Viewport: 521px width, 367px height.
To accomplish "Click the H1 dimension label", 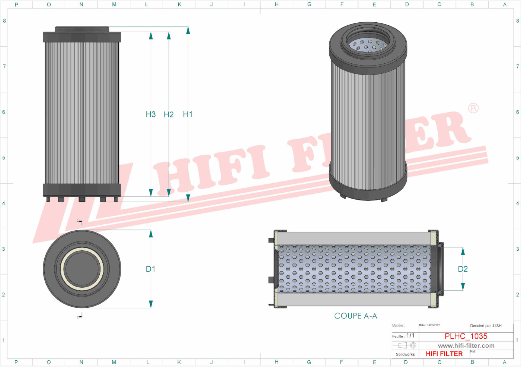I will coord(188,114).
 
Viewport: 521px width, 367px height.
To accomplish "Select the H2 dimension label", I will coord(169,114).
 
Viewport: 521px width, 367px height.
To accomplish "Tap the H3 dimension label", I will coord(151,114).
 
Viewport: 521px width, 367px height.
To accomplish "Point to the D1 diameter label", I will coord(150,269).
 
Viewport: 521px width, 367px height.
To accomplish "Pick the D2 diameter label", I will coord(463,269).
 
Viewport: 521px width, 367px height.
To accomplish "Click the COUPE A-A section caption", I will coord(355,316).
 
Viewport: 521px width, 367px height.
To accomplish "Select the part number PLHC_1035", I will coord(466,336).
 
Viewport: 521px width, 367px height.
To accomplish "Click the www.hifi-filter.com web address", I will coord(466,346).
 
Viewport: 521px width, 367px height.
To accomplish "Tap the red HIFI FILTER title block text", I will coord(444,354).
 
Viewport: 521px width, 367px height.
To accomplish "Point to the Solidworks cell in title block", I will coord(405,354).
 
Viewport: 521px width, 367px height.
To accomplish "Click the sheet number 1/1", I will coord(410,336).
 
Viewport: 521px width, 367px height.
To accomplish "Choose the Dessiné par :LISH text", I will coord(486,326).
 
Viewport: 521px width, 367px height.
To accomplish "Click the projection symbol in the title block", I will coord(407,346).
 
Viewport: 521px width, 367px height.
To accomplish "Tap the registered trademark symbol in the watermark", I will coord(473,108).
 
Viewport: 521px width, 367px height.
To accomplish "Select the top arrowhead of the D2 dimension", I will coord(463,251).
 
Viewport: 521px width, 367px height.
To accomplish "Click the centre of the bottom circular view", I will coord(82,269).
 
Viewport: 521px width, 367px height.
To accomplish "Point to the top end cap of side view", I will coord(82,37).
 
